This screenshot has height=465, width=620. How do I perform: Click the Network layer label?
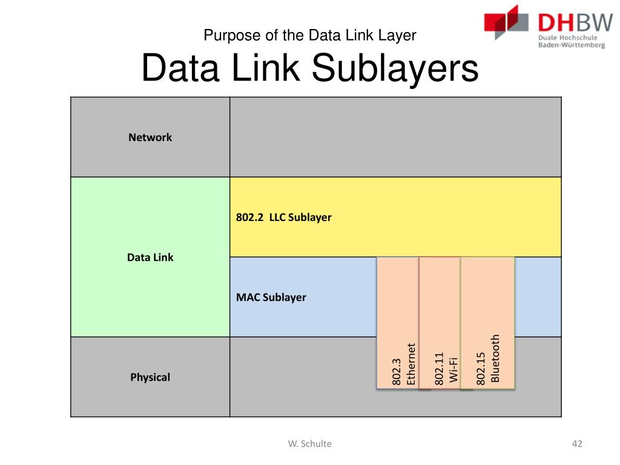tap(150, 137)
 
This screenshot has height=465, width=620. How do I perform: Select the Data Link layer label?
tap(150, 257)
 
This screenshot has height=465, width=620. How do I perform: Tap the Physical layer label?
tap(150, 377)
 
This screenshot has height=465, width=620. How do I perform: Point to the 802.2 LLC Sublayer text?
tap(284, 217)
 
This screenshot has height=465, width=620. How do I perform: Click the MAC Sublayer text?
tap(271, 297)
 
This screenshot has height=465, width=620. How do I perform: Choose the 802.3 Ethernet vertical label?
tap(404, 364)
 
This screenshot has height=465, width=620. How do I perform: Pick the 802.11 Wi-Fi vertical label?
tap(447, 368)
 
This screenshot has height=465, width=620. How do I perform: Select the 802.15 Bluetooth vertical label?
tap(488, 359)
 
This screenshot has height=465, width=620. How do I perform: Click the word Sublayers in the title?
tap(395, 70)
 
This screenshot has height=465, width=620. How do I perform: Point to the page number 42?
tap(577, 444)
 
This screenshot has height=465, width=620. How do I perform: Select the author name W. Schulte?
tap(310, 444)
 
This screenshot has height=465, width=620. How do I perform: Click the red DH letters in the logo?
tap(555, 22)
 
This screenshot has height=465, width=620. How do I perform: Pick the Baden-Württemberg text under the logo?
tap(571, 45)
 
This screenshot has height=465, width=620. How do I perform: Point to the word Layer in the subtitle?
tap(398, 35)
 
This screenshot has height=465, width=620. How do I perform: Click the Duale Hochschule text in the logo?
tap(567, 37)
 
